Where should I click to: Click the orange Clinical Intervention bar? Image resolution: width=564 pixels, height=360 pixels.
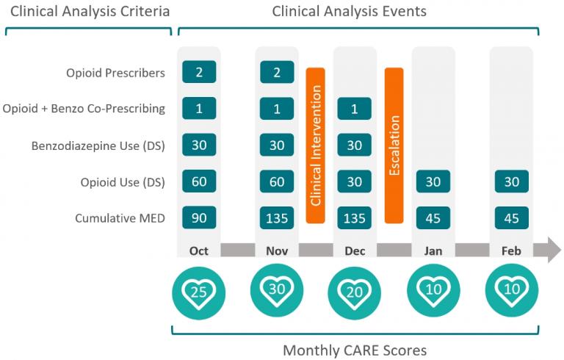pyautogui.click(x=316, y=145)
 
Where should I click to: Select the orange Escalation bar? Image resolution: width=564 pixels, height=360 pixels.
pyautogui.click(x=394, y=145)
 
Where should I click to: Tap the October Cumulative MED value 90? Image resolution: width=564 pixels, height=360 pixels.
pyautogui.click(x=199, y=217)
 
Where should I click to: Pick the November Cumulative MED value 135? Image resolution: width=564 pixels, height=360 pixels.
pyautogui.click(x=277, y=217)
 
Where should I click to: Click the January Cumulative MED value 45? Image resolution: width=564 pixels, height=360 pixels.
pyautogui.click(x=433, y=217)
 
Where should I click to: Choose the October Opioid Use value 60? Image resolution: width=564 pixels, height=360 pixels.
pyautogui.click(x=199, y=181)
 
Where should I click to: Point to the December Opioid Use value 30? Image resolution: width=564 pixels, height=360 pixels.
pyautogui.click(x=354, y=181)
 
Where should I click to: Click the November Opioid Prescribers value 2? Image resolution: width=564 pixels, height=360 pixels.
pyautogui.click(x=277, y=72)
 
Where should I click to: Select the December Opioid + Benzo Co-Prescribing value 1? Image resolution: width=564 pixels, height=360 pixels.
pyautogui.click(x=354, y=108)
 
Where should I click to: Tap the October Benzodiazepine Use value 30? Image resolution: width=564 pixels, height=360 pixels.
pyautogui.click(x=199, y=145)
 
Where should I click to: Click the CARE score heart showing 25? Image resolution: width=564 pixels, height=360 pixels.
pyautogui.click(x=198, y=292)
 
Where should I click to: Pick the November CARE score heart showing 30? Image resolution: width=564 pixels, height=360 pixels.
pyautogui.click(x=277, y=290)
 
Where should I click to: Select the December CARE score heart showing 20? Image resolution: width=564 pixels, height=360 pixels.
pyautogui.click(x=354, y=292)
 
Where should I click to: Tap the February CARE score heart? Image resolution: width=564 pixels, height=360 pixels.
pyautogui.click(x=511, y=290)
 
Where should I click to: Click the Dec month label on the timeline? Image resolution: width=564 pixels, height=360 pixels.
pyautogui.click(x=355, y=251)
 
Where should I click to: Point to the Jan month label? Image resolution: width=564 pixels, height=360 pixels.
pyautogui.click(x=433, y=251)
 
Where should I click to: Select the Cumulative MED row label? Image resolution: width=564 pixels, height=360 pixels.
pyautogui.click(x=120, y=218)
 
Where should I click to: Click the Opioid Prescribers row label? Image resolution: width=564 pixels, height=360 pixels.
pyautogui.click(x=115, y=73)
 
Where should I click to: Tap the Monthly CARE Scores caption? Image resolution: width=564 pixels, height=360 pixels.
pyautogui.click(x=355, y=350)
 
